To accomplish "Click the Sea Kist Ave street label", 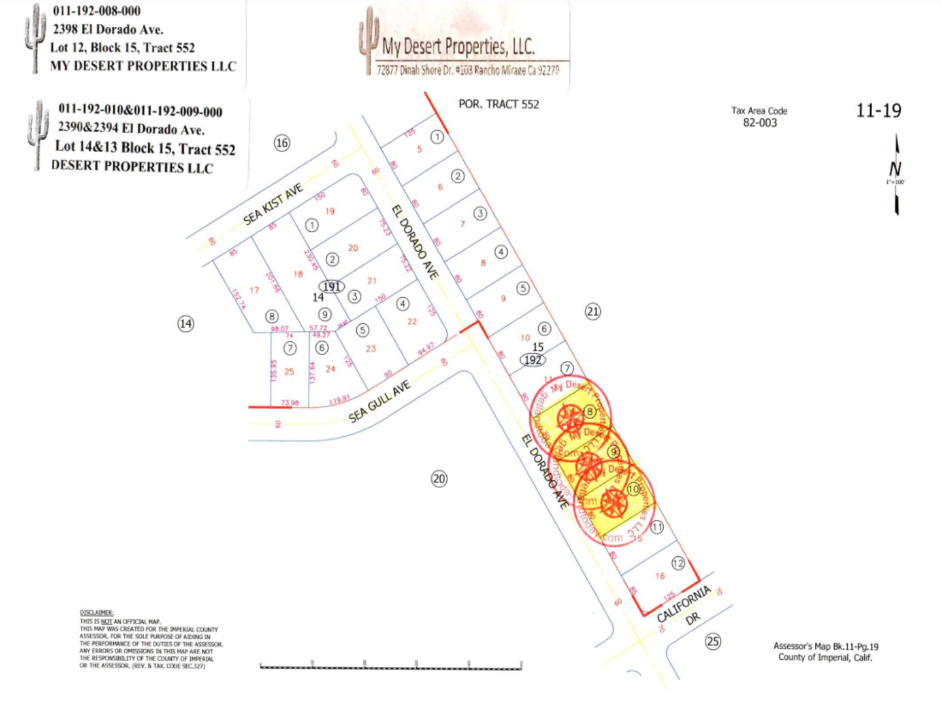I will tap(273, 204).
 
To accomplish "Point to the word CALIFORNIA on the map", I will tap(684, 603).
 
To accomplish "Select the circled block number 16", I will tap(282, 142).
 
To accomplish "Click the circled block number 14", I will tap(185, 323).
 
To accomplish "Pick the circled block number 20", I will tap(439, 479).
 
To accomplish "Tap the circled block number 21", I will tap(592, 311).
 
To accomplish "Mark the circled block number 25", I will tap(712, 641).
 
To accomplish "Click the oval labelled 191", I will tap(331, 286).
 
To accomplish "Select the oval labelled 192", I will tap(532, 360).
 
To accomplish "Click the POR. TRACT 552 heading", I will tap(499, 104).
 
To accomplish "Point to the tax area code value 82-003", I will tap(759, 123).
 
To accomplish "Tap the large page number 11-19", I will tap(878, 111).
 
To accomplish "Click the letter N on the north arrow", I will tap(895, 170).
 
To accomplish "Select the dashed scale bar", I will tap(390, 667).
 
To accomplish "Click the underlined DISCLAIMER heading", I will tap(97, 613).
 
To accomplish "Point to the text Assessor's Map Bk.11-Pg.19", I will tap(825, 646).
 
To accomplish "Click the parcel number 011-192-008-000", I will tap(97, 11).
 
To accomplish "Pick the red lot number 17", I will tap(254, 290).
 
